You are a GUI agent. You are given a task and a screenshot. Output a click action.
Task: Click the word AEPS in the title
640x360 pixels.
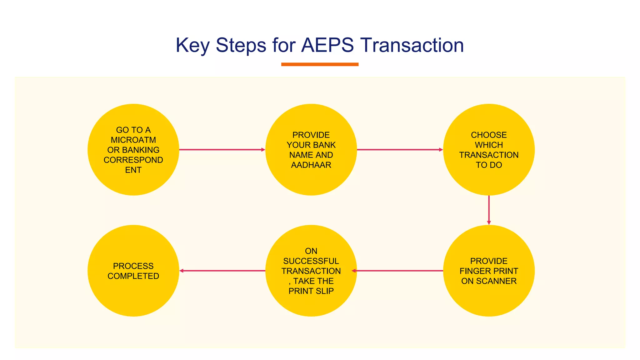tap(327, 45)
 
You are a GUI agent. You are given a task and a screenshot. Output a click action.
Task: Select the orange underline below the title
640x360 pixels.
tap(320, 64)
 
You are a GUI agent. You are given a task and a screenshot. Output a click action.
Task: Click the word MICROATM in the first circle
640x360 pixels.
tap(133, 140)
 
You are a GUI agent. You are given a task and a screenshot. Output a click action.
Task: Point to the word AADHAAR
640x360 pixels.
tap(311, 165)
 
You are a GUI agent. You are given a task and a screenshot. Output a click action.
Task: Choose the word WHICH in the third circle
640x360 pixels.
tap(489, 145)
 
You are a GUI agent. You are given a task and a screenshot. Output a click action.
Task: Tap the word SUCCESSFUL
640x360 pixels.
tap(311, 261)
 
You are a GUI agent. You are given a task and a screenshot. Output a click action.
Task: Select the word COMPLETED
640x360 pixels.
tap(133, 276)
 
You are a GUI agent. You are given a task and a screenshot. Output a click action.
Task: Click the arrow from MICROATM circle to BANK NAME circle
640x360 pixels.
tap(222, 150)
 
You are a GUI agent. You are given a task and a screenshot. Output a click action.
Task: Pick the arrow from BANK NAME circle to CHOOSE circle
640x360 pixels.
tap(400, 150)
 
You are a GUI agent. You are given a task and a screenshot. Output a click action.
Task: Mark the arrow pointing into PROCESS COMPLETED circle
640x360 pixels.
tap(222, 271)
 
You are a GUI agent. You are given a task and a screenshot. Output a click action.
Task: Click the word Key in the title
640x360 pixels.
tap(192, 46)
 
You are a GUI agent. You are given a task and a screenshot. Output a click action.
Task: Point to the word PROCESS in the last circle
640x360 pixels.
tap(133, 266)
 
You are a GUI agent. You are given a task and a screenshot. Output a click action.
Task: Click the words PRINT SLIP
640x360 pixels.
tap(311, 291)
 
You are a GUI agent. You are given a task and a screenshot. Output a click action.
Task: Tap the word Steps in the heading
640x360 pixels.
tap(241, 46)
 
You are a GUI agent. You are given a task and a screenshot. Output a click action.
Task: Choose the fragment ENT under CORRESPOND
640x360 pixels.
tap(133, 170)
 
